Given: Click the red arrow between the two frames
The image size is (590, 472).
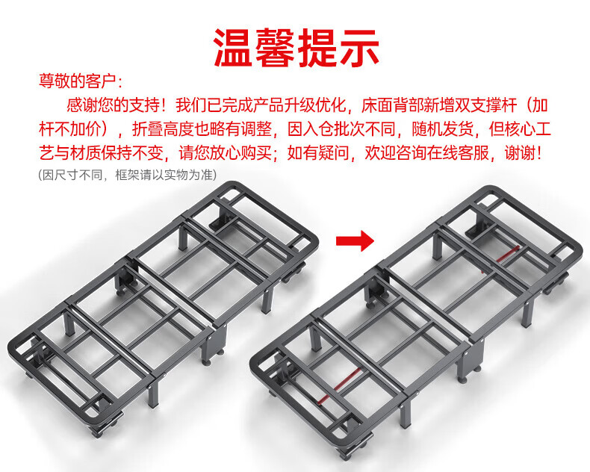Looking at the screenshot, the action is tap(355, 240).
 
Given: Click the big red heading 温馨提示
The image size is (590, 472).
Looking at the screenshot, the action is tap(296, 48).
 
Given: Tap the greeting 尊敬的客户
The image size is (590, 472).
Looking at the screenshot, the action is tap(77, 81).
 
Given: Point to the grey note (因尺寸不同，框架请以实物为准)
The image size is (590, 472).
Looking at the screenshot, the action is tap(128, 175).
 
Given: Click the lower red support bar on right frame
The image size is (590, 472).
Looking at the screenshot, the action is tap(347, 384).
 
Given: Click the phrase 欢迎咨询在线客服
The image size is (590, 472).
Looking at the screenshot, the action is tap(426, 153).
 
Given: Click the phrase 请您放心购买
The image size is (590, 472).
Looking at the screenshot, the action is tap(225, 153).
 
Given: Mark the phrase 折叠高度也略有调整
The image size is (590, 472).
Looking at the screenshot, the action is tap(202, 129).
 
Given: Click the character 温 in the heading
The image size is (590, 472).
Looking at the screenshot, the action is tap(233, 48).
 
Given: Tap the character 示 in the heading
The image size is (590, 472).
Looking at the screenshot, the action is tap(359, 48).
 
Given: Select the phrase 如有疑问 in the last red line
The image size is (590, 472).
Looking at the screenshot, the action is tap(318, 153).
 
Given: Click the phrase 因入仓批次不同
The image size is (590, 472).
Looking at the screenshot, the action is tap(341, 129).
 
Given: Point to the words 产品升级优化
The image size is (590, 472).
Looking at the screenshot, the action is tap(299, 105).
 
